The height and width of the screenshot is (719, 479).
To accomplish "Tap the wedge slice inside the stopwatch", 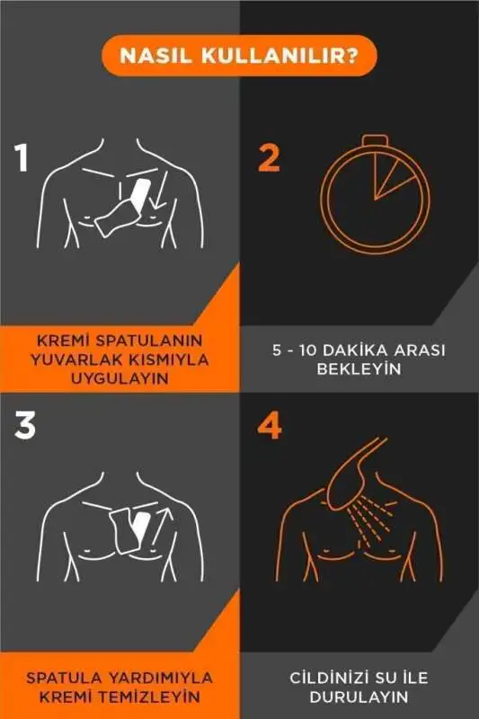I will pyautogui.click(x=392, y=181).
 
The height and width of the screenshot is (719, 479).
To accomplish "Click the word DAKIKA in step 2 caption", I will pyautogui.click(x=358, y=351).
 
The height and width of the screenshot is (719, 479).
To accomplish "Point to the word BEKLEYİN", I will pyautogui.click(x=359, y=369).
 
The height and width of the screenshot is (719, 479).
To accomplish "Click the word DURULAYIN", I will pyautogui.click(x=359, y=697).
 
